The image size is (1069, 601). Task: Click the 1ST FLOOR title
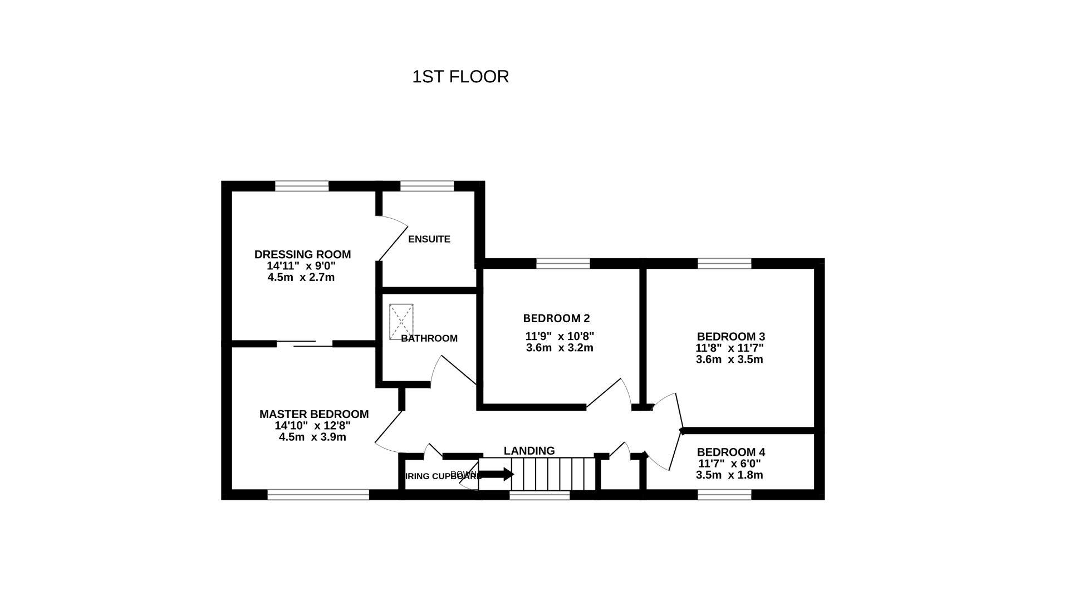point(460,77)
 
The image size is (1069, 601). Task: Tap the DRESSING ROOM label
point(302,254)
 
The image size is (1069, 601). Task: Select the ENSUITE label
point(429,239)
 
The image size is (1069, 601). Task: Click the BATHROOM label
point(429,338)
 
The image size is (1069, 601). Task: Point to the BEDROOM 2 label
point(556,318)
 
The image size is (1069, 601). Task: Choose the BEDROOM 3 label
point(730,337)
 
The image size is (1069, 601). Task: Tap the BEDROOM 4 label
point(730,452)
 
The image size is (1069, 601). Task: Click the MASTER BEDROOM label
point(313,414)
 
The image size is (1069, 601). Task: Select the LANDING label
point(529,451)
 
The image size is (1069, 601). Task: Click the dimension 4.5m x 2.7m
point(301,277)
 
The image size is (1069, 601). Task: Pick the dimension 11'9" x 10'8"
point(560,336)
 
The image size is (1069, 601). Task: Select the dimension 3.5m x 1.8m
point(729,475)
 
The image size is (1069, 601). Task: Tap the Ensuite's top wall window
point(427,186)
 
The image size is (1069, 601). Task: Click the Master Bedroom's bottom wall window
point(318,495)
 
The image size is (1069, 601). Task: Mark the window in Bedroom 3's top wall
point(724,263)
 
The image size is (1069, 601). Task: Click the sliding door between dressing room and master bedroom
point(305,344)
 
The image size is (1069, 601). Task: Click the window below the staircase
point(540,495)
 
